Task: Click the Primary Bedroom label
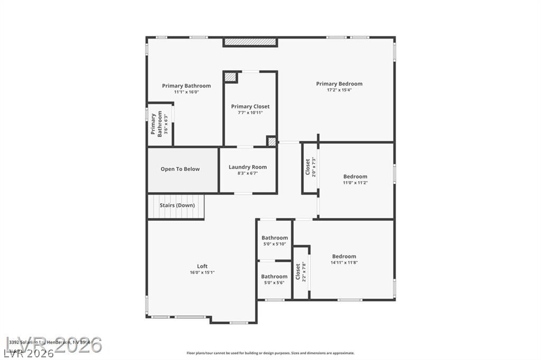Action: click(339, 83)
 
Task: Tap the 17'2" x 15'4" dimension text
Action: click(339, 90)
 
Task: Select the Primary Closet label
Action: click(250, 106)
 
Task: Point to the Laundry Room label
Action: click(247, 167)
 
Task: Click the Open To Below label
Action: click(180, 169)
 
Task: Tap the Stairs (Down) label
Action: click(177, 205)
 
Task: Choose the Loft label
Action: click(202, 266)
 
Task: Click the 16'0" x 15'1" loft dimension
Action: click(202, 272)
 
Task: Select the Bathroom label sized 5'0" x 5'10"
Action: click(275, 238)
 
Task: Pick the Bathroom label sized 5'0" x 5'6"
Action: click(274, 276)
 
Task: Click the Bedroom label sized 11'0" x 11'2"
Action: click(355, 176)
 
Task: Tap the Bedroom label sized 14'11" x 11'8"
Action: click(344, 256)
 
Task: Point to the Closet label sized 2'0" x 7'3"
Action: click(308, 167)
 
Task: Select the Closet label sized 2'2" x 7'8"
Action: click(298, 271)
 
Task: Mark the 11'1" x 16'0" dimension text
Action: click(186, 92)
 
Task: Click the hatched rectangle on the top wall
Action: click(250, 42)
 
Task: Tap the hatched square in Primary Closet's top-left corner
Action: click(230, 77)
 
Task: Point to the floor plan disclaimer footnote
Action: click(270, 353)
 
